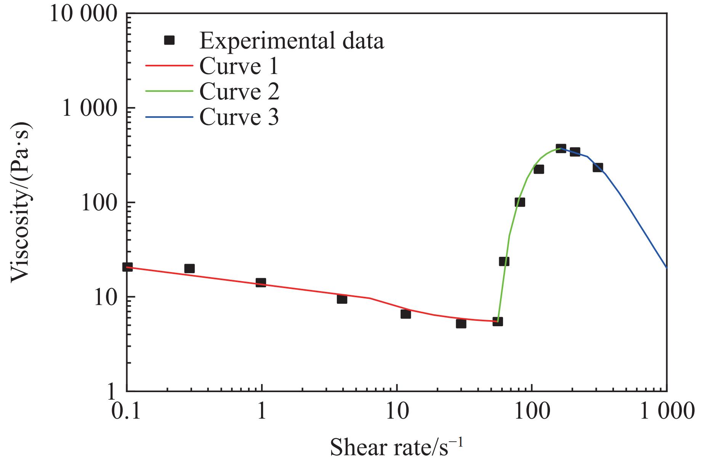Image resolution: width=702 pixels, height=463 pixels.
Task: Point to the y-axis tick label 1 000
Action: point(89,109)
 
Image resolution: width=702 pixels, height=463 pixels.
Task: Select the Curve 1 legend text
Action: point(239,66)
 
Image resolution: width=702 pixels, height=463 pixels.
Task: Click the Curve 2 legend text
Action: point(239,91)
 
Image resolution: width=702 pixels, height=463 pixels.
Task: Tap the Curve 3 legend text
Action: point(239,117)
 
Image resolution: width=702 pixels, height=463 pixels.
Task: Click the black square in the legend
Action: point(169,40)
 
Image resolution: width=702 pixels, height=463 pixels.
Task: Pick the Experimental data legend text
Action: point(292,41)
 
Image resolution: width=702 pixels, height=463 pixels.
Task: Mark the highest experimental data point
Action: point(561,148)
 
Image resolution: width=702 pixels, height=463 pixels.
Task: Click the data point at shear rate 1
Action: point(261,282)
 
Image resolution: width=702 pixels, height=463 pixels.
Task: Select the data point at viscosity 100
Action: point(520,202)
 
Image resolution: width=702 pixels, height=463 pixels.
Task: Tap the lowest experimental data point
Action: point(461,324)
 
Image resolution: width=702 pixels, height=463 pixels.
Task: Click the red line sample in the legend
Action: point(169,66)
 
